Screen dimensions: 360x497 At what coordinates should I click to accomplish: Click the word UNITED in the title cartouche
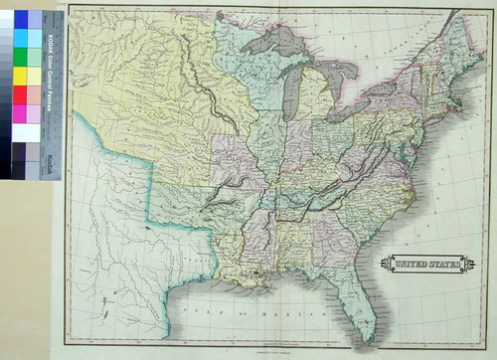[x=407, y=265]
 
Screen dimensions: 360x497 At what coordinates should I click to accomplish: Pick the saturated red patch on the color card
[x=21, y=94]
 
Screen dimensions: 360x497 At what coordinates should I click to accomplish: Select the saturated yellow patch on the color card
[x=21, y=59]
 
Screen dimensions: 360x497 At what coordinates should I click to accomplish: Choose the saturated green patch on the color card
[x=21, y=77]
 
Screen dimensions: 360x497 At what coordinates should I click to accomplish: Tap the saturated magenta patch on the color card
[x=21, y=112]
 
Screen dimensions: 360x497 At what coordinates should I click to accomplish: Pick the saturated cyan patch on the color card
[x=21, y=40]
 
